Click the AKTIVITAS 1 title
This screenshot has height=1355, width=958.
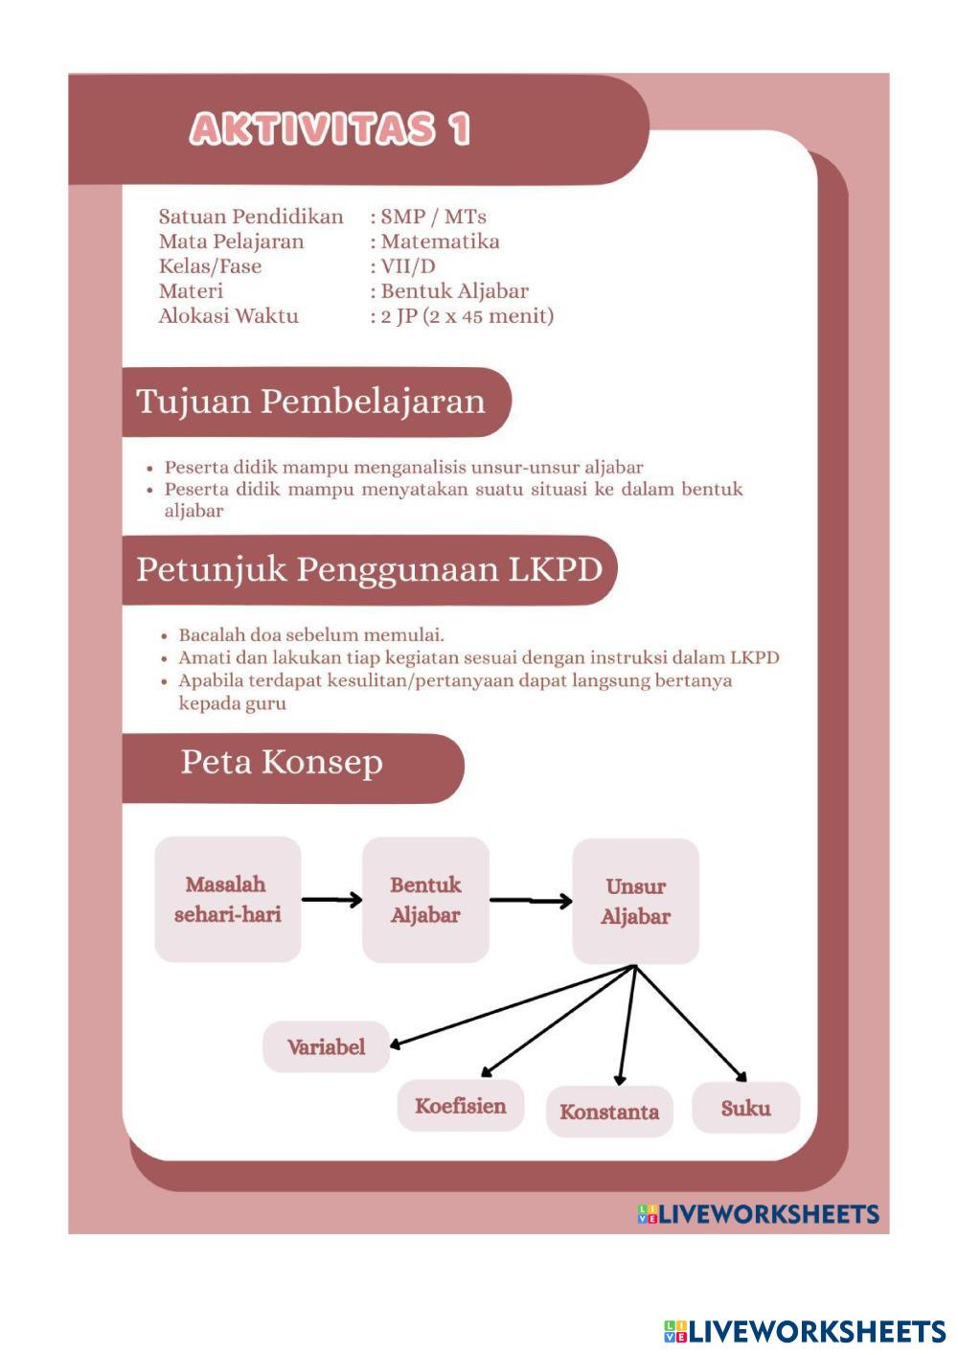pyautogui.click(x=330, y=128)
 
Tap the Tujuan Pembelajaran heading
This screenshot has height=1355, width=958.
pyautogui.click(x=310, y=401)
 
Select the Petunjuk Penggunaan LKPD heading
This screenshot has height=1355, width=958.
pyautogui.click(x=369, y=569)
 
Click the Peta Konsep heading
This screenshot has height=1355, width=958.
pyautogui.click(x=282, y=763)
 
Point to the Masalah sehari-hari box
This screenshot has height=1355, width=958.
pyautogui.click(x=228, y=899)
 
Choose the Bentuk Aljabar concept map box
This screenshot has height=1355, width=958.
pyautogui.click(x=425, y=899)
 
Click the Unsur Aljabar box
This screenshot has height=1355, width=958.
pyautogui.click(x=635, y=901)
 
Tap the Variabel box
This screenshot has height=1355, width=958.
pyautogui.click(x=326, y=1046)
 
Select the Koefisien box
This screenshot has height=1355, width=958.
pyautogui.click(x=460, y=1106)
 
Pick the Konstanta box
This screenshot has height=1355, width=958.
pyautogui.click(x=609, y=1112)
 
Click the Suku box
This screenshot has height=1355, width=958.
pyautogui.click(x=745, y=1108)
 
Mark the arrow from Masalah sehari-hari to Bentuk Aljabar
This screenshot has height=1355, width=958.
pyautogui.click(x=331, y=899)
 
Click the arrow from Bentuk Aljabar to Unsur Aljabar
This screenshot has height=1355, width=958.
pyautogui.click(x=531, y=901)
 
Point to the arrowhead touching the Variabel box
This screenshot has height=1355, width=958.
pyautogui.click(x=397, y=1044)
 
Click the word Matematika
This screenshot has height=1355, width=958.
pyautogui.click(x=440, y=241)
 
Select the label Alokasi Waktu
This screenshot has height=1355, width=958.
pyautogui.click(x=228, y=316)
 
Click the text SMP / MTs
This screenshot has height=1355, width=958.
pyautogui.click(x=433, y=217)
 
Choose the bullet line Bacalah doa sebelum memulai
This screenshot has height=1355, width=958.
pyautogui.click(x=310, y=634)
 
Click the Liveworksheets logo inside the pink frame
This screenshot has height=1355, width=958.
pyautogui.click(x=758, y=1214)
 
